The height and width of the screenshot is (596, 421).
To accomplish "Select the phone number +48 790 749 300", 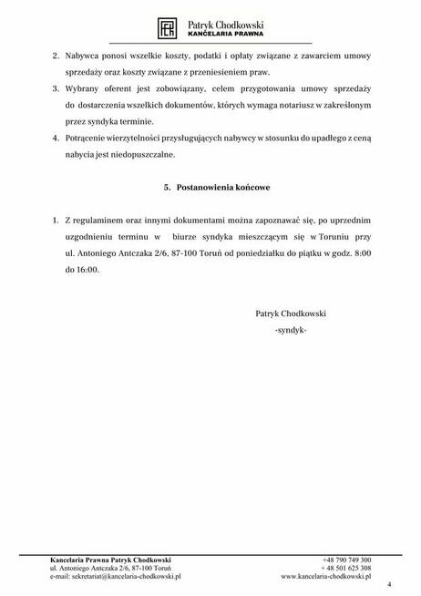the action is pyautogui.click(x=346, y=559).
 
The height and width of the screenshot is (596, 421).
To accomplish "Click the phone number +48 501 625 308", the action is pyautogui.click(x=346, y=568).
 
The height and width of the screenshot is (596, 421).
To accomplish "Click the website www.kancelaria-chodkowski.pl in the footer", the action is pyautogui.click(x=326, y=577).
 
